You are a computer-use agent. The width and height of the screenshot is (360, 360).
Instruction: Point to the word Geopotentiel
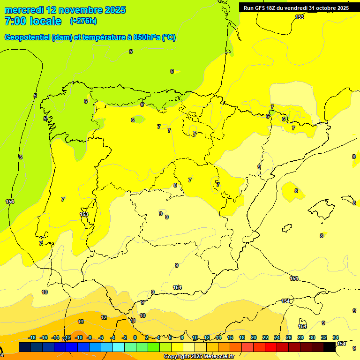coord(27,37)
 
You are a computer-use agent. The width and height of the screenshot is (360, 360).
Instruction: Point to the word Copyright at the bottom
coord(177,357)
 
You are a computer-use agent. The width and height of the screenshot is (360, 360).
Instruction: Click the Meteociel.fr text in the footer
coord(219,357)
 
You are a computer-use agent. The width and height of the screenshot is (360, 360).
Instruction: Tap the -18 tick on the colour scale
coord(32,337)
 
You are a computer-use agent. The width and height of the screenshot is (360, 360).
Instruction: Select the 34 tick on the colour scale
coord(336,337)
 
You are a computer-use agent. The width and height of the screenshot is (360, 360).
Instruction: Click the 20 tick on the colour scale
coord(254,337)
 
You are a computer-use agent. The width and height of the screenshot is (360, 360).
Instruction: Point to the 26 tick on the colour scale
coord(289,337)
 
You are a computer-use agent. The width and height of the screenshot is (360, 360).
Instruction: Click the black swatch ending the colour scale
coord(330,347)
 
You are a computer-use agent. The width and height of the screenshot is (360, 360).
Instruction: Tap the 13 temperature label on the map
coord(81,322)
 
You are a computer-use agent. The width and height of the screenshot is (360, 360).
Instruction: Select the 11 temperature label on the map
coord(133,321)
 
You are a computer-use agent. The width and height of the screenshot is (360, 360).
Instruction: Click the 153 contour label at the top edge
coord(300,17)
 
